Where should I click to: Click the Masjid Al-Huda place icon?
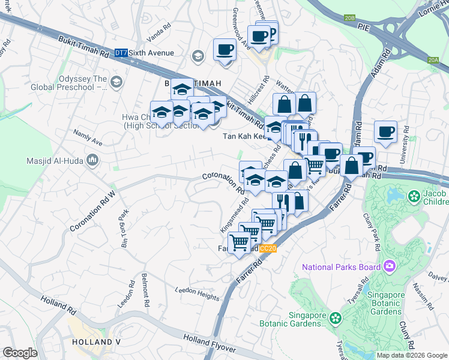coord(92,160)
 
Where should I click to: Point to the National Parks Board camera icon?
coord(390,266)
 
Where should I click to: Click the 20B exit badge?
coord(350,19)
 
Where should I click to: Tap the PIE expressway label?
coord(364,28)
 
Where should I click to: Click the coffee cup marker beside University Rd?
coord(385,131)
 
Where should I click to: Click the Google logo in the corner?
coord(20,353)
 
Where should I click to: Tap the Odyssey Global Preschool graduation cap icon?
coord(116,82)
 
